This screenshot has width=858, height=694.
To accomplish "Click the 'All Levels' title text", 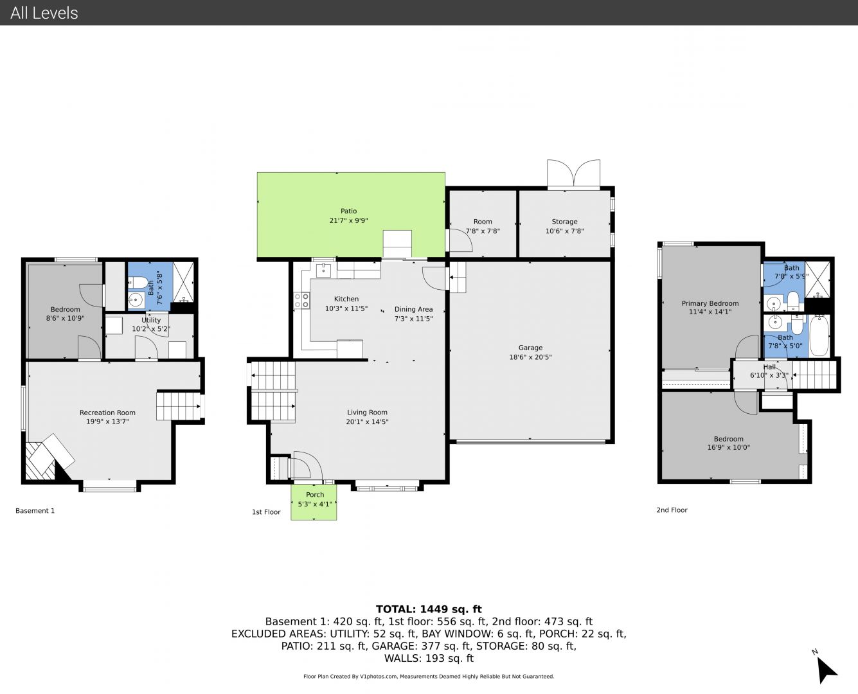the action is point(44,13).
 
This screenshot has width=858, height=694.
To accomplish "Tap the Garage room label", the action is point(530,348).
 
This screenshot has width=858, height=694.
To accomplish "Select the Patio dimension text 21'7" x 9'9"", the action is point(348,220).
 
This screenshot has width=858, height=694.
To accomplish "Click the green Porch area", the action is point(314,502).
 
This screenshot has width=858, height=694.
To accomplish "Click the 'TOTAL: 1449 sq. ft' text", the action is point(429,609).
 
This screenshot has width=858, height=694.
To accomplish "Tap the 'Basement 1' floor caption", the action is point(35,511).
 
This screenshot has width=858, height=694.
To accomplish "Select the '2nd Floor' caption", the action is point(672,510).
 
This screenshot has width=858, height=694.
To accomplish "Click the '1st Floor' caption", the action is point(266,512).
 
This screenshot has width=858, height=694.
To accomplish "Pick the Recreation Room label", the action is point(107,413).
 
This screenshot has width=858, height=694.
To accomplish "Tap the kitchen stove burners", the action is point(301,300).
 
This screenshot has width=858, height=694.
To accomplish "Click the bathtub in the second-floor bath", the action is point(819,336).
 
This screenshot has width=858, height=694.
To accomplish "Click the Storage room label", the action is point(564,222).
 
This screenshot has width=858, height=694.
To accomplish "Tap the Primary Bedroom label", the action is point(710,303).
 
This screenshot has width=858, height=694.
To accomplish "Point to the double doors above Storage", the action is point(573,173).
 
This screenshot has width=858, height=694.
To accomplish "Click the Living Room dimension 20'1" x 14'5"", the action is point(367,422).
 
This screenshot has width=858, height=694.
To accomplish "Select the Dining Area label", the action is point(413,309).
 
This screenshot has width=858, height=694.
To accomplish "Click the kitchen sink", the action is point(323,271).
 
